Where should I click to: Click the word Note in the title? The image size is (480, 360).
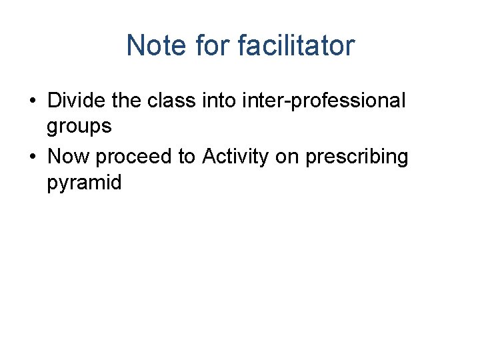pos(157,46)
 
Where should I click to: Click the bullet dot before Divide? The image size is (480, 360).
pos(33,101)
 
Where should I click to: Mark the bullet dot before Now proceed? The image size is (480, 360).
pos(33,157)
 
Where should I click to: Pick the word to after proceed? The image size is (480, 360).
pos(186,157)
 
